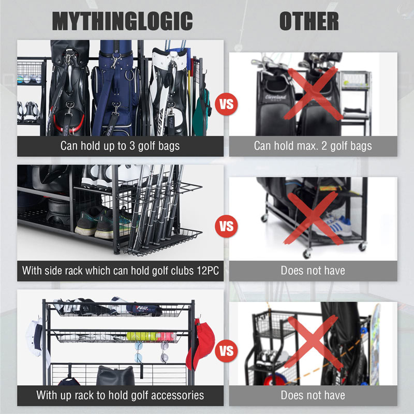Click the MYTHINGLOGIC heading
(122, 21)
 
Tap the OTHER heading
(309, 21)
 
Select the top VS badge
(226, 104)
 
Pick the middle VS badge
(226, 226)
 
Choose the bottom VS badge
(226, 351)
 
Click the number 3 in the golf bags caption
(132, 146)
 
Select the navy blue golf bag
(115, 90)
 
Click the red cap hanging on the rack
(200, 343)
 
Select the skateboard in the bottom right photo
(375, 344)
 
